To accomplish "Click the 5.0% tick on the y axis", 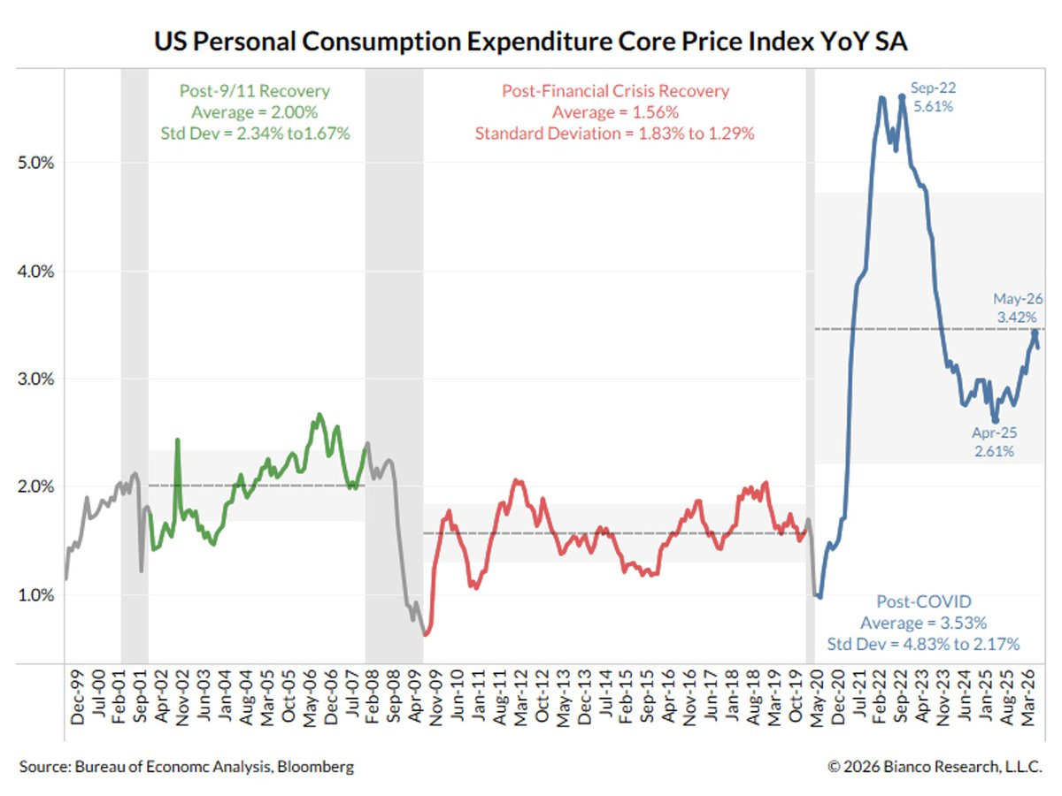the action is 35,163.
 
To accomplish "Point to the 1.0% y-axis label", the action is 35,595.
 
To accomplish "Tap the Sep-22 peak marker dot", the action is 901,97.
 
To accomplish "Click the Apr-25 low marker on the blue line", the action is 996,420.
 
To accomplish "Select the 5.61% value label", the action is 933,106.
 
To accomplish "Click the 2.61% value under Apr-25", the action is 994,451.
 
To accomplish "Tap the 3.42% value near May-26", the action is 1017,317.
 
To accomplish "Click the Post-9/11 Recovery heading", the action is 255,91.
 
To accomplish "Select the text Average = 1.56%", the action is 615,112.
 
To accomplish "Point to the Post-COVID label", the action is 924,601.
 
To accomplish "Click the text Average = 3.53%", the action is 923,623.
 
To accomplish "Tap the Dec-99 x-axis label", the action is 77,698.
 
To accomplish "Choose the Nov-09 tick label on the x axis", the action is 436,698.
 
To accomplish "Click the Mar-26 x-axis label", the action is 1027,698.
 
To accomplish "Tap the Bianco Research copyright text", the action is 935,767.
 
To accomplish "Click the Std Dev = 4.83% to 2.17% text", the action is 923,644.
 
